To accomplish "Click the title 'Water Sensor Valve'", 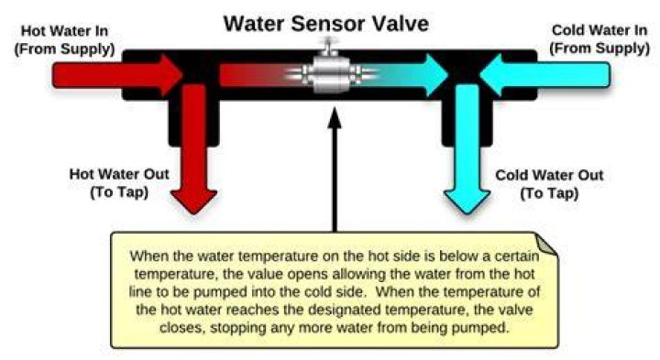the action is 325,24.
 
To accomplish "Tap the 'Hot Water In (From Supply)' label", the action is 65,40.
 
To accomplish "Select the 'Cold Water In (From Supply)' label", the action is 599,39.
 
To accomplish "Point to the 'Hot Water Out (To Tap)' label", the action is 119,183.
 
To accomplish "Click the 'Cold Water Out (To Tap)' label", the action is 549,184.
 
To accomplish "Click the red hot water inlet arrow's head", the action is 172,75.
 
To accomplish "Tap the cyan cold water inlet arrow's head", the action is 490,75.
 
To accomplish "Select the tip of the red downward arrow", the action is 194,213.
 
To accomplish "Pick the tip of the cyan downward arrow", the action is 467,213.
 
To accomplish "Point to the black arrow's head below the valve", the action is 335,118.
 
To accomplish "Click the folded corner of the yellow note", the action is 545,244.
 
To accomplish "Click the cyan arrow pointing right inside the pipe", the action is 405,75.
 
